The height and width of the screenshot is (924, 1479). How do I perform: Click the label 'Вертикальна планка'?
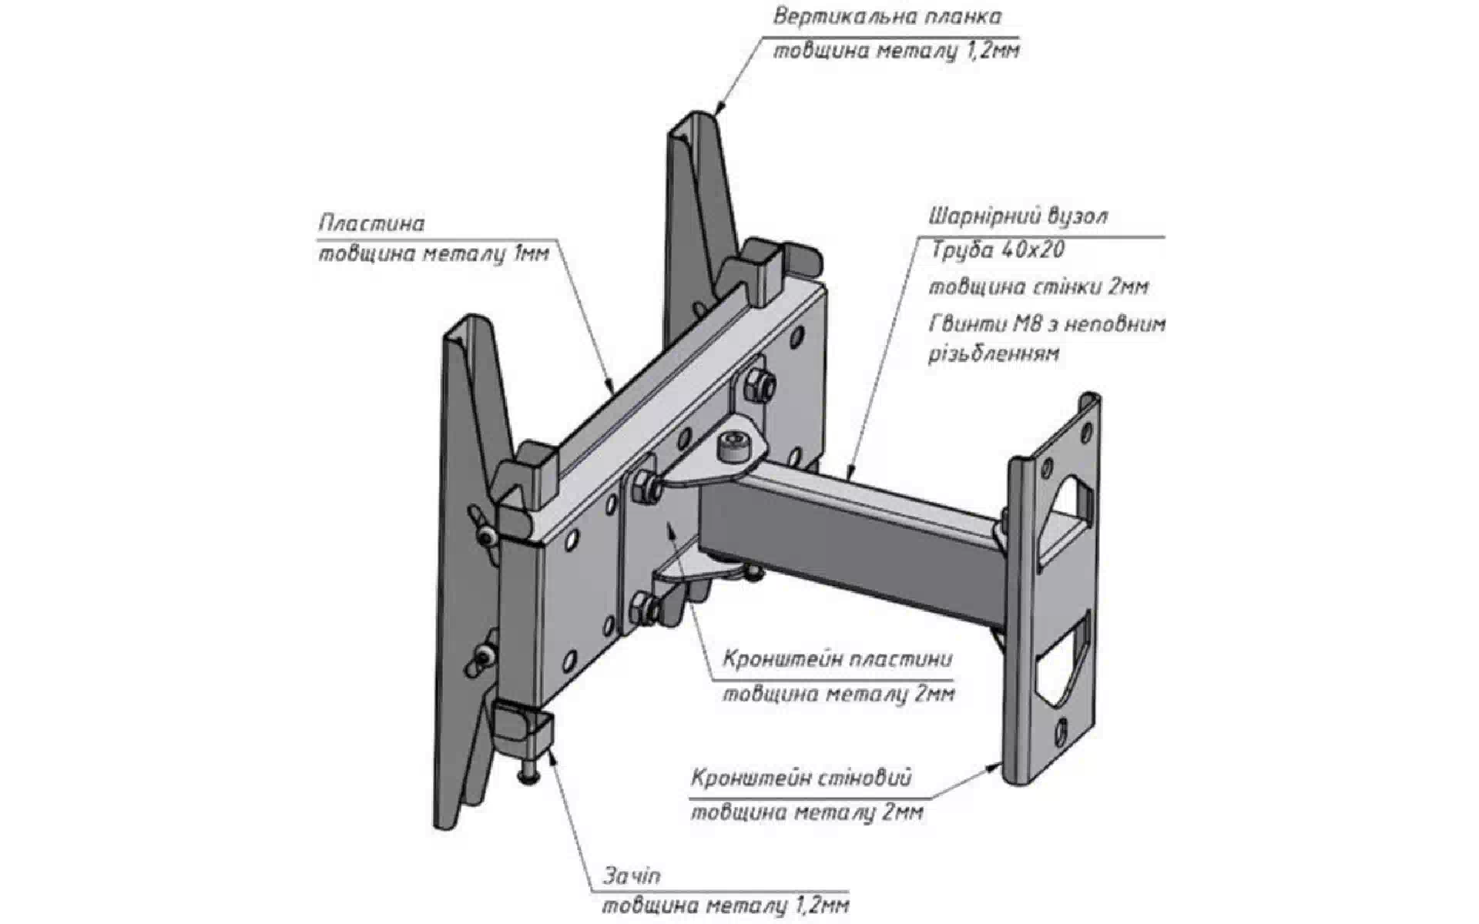point(887,17)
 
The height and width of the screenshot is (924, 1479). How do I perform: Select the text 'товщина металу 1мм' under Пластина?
point(434,254)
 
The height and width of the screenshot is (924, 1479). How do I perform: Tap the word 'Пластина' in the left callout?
point(371,223)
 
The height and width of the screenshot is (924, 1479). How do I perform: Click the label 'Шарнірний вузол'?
point(1018,216)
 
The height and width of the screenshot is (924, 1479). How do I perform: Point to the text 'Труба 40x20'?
point(998,250)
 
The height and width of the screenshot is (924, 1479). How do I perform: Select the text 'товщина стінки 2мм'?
point(1038,287)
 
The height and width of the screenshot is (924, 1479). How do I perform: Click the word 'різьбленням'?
point(994,354)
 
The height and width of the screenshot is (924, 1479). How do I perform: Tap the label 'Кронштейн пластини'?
point(837,660)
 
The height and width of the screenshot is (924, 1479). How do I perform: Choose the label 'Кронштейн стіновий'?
point(801,778)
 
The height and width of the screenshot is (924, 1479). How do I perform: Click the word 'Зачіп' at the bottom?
point(632,876)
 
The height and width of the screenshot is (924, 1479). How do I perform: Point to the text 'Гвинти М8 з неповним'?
point(1048,324)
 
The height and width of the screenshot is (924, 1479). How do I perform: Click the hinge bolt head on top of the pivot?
point(731,445)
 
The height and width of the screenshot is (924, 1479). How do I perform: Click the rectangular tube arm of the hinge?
point(855,531)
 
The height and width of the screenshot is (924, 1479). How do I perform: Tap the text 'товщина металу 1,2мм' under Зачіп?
point(726,905)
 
